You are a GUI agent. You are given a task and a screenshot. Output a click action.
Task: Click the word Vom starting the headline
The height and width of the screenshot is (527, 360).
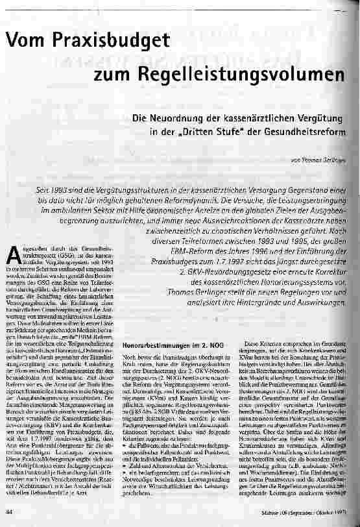coord(26,43)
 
